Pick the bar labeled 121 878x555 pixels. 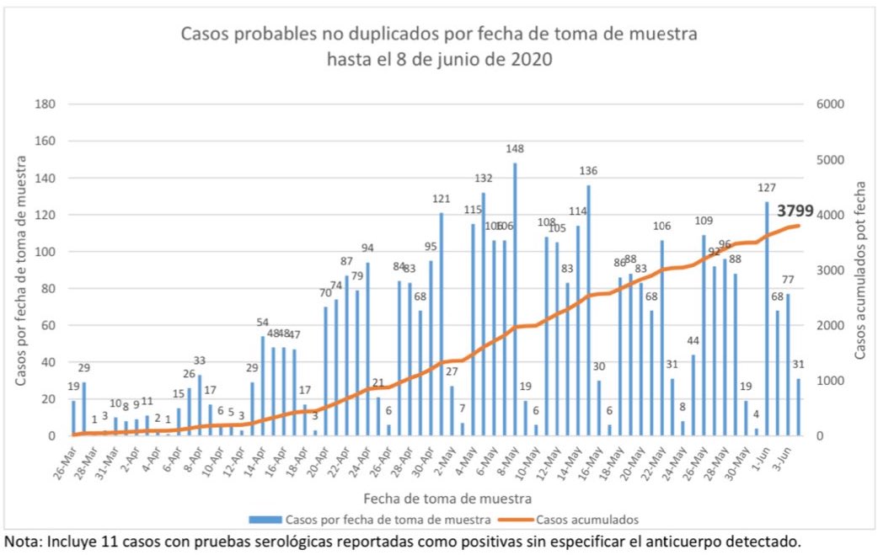(441, 323)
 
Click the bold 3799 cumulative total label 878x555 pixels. (795, 211)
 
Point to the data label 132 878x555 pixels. (484, 179)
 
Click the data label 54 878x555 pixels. (262, 323)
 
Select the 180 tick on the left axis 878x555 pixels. (46, 104)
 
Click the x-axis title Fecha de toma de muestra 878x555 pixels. (435, 499)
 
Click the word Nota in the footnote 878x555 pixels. (20, 540)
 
